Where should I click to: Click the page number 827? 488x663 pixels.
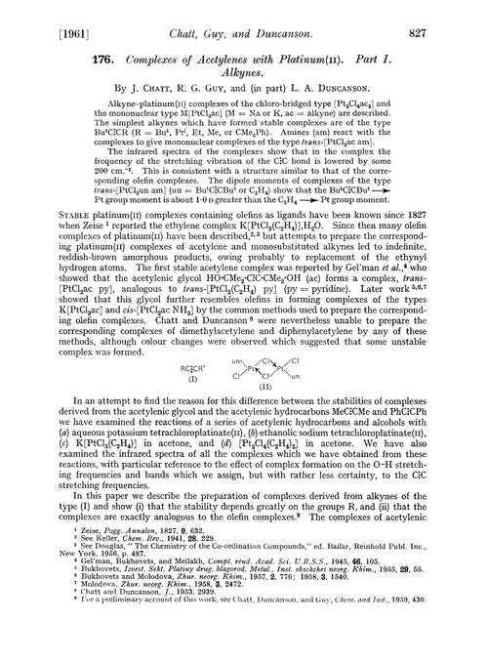(x=456, y=14)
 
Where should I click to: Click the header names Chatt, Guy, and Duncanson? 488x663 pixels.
(x=244, y=14)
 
